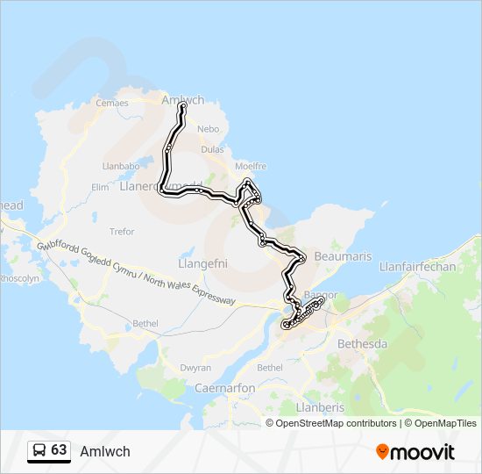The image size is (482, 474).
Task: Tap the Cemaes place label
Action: (111, 103)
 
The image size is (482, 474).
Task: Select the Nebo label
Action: (208, 128)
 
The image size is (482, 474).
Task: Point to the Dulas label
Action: (212, 149)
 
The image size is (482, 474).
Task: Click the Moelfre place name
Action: (251, 166)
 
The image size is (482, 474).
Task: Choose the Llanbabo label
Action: (121, 165)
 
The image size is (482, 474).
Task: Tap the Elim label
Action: (99, 187)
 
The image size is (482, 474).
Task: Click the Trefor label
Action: (122, 232)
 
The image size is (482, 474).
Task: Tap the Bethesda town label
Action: (362, 343)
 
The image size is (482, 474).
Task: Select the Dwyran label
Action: (195, 368)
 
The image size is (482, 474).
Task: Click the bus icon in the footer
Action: (39, 450)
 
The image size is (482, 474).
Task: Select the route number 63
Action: (59, 450)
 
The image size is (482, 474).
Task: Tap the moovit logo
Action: (415, 452)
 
